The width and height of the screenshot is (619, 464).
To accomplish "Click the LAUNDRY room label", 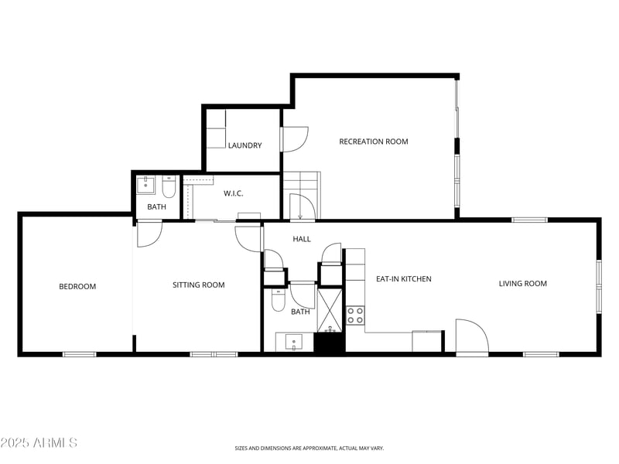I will [x=245, y=145].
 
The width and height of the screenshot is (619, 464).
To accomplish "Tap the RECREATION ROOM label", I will [x=373, y=142].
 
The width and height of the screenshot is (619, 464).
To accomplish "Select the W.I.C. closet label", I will [x=234, y=193].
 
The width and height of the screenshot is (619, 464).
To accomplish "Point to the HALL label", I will [x=302, y=239].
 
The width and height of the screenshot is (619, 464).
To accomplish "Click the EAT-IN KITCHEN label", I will [x=403, y=279].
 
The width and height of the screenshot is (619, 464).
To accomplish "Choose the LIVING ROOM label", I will [x=522, y=284].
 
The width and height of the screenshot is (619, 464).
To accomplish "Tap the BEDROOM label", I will [x=77, y=287].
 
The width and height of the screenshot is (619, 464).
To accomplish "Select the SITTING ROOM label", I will [x=198, y=285].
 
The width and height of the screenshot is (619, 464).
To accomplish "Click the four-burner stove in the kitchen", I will [x=355, y=315].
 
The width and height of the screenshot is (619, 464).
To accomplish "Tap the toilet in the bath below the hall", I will [x=279, y=300].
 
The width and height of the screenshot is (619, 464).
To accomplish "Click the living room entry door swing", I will [x=472, y=337].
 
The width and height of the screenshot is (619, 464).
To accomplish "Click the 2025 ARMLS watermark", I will [x=39, y=443].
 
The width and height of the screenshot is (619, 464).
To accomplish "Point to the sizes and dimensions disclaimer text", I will [x=309, y=448].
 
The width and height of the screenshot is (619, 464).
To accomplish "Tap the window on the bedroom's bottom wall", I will [x=79, y=354].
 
